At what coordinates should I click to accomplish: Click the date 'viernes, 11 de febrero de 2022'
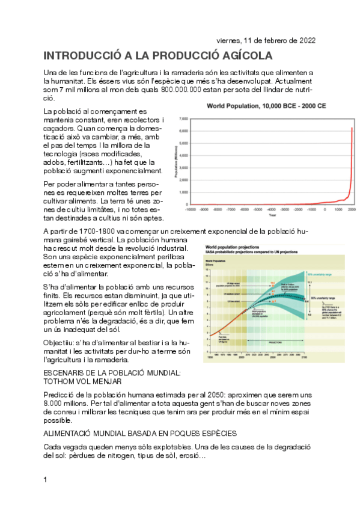pos(266,41)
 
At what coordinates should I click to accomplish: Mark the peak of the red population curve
pos(352,127)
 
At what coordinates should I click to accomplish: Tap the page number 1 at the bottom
pos(46,479)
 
